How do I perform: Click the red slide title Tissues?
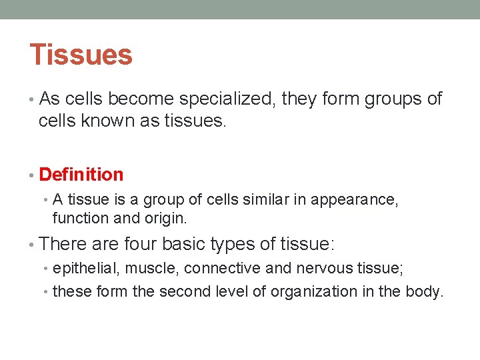81,55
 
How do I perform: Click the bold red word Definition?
81,175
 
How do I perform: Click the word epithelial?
82,269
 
